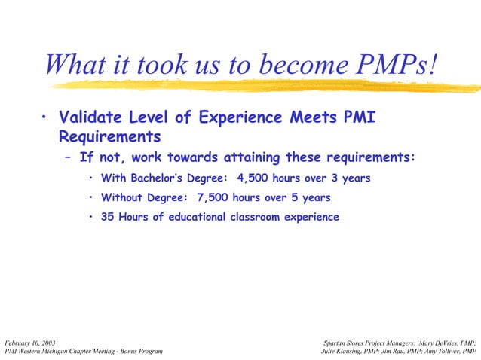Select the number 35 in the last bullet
click(x=109, y=217)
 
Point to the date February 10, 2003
click(x=29, y=342)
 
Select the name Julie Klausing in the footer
click(x=344, y=351)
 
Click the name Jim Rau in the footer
click(x=394, y=351)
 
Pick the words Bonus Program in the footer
click(x=136, y=351)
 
